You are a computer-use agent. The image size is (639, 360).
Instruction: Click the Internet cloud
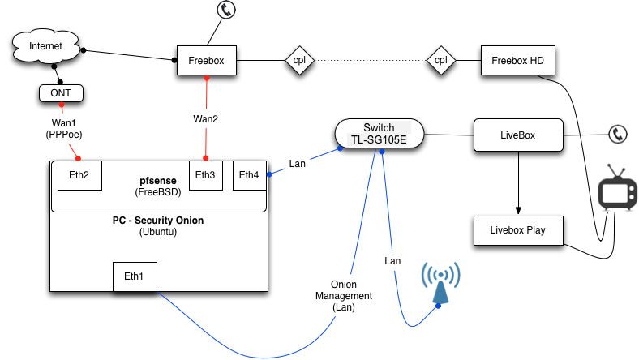tap(45, 47)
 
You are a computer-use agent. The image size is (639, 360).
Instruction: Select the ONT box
tap(62, 93)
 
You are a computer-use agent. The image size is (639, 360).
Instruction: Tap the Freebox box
tap(206, 60)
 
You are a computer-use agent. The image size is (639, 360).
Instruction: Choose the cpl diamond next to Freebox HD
tap(440, 60)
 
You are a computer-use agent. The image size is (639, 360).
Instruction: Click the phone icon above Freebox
tap(225, 11)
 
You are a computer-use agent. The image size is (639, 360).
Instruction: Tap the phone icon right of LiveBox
tap(620, 134)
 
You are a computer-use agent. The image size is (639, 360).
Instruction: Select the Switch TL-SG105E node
tap(379, 133)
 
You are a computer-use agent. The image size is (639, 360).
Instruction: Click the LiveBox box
tap(518, 134)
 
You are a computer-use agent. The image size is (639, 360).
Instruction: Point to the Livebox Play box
tap(518, 230)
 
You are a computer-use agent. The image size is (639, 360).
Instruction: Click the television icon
tap(618, 192)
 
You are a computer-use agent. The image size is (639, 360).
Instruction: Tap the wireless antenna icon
tap(439, 285)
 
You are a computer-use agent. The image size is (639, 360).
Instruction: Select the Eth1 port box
tap(135, 277)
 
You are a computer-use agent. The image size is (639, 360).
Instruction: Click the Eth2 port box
tap(79, 175)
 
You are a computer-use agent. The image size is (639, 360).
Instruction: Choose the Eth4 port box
tap(250, 175)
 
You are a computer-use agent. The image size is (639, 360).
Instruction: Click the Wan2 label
tap(205, 118)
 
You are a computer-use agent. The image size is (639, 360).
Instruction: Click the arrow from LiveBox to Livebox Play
tap(518, 182)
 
